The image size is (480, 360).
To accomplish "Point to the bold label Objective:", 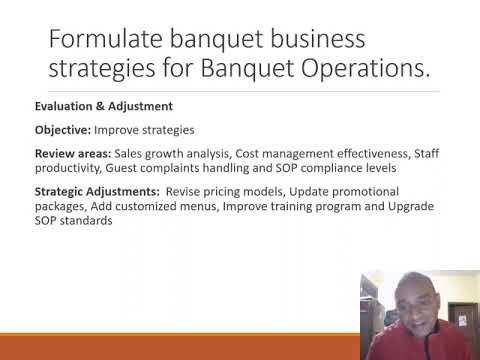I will pos(62,131).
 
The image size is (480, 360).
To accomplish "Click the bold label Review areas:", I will pos(69,154).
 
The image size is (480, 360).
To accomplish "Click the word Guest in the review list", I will pos(123,169).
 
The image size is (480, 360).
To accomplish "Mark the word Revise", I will pos(186,191).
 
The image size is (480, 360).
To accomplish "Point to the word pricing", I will pos(229,191).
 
